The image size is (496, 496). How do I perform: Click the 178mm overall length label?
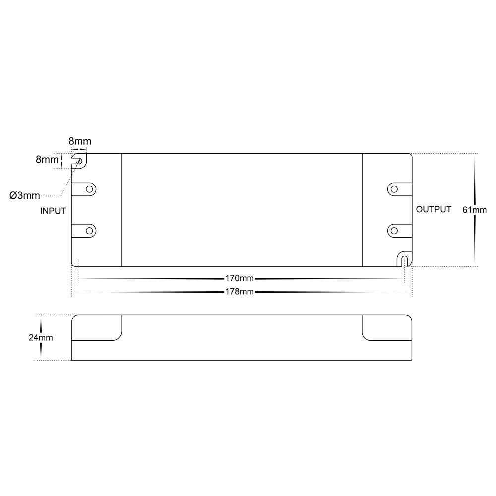click(239, 292)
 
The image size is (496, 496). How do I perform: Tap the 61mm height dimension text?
click(475, 210)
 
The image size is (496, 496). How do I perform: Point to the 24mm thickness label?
click(41, 338)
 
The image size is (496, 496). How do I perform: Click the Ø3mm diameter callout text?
click(25, 196)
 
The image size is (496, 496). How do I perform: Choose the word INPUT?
click(53, 211)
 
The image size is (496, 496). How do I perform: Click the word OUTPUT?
click(434, 209)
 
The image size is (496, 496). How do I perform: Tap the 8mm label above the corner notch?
click(80, 141)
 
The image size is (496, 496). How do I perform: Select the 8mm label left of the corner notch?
click(46, 160)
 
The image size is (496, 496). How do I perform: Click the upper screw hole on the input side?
click(90, 189)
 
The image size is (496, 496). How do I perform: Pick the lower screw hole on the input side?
click(90, 231)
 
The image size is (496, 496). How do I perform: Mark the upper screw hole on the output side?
click(393, 189)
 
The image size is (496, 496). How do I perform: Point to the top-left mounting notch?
click(79, 160)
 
